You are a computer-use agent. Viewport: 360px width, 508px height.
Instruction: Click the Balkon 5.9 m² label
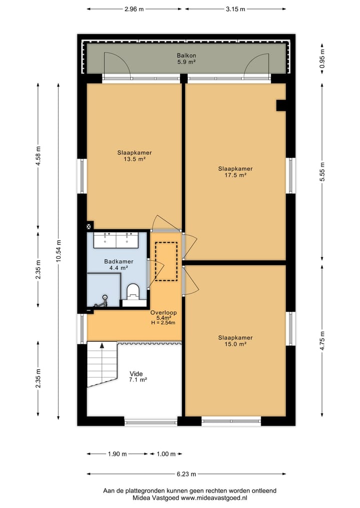[x=186, y=59]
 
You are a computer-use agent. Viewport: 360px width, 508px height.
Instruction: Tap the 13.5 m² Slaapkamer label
[x=134, y=156]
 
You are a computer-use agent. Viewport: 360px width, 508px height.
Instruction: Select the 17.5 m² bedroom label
[x=235, y=172]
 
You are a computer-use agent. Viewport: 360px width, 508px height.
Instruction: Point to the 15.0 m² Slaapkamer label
[x=235, y=341]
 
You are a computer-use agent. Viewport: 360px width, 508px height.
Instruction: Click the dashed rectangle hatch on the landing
[x=166, y=261]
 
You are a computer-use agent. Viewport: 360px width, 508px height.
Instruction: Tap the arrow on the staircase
[x=102, y=345]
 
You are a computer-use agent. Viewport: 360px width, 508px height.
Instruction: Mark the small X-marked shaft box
[x=90, y=225]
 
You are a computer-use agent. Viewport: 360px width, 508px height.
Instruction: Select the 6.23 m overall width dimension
[x=186, y=474]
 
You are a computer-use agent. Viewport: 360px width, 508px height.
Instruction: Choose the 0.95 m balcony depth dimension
[x=322, y=58]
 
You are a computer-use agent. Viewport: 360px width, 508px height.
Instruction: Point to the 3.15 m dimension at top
[x=235, y=9]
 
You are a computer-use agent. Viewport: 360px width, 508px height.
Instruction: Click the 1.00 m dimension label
[x=166, y=454]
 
